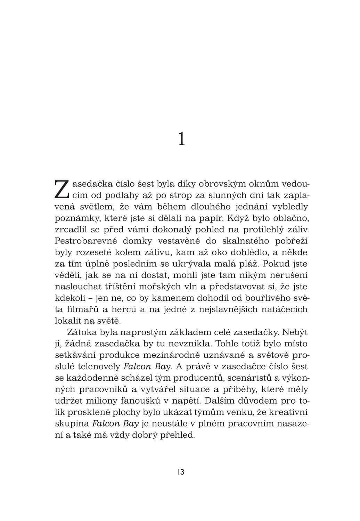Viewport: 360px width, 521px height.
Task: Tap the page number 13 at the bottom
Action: point(180,472)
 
